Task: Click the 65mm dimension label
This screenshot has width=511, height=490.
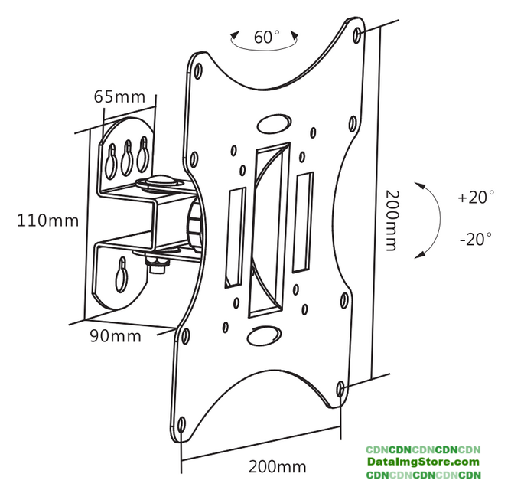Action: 120,97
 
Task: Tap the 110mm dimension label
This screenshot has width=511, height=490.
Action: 48,221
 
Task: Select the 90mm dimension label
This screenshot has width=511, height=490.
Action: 116,335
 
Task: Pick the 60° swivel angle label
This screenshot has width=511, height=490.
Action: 266,36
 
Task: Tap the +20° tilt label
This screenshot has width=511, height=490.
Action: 476,198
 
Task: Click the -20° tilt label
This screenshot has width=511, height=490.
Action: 476,239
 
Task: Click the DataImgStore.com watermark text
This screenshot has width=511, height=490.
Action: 422,462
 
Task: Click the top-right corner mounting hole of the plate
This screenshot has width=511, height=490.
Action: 360,35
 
